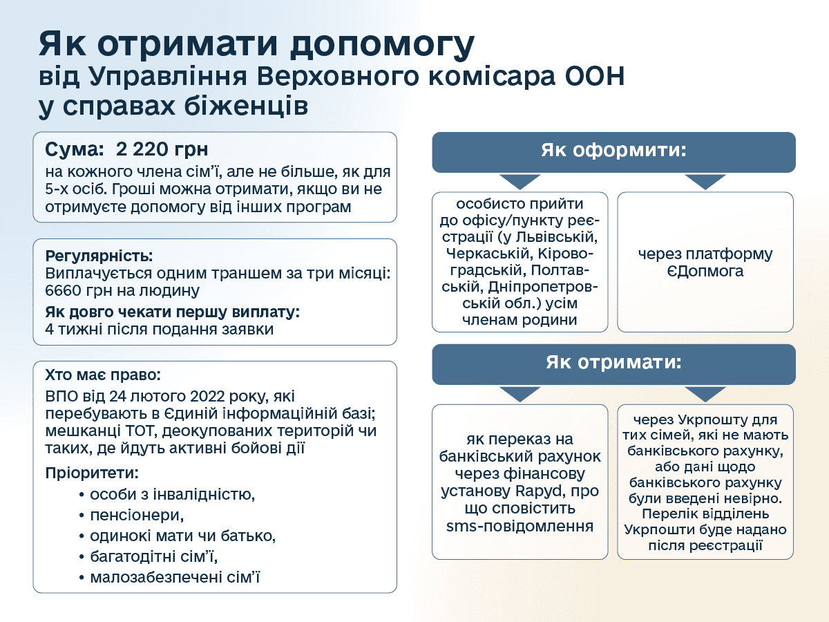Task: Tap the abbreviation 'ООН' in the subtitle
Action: (595, 76)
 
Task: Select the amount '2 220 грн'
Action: (162, 149)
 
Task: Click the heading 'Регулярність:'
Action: (99, 256)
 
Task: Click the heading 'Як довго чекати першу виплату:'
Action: (172, 312)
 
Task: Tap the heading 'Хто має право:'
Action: (103, 375)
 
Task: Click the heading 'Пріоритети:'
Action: (92, 473)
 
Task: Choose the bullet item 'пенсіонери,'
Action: (137, 515)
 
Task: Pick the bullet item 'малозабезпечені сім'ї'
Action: (175, 577)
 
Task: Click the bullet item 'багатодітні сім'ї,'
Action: (154, 556)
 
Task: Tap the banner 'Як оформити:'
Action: (613, 152)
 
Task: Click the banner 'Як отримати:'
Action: (613, 364)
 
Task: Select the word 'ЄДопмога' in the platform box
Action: (705, 271)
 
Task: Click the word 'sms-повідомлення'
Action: (520, 526)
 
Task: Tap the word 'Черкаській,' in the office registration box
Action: (489, 253)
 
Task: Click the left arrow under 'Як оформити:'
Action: (520, 182)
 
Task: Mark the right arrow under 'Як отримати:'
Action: (705, 394)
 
